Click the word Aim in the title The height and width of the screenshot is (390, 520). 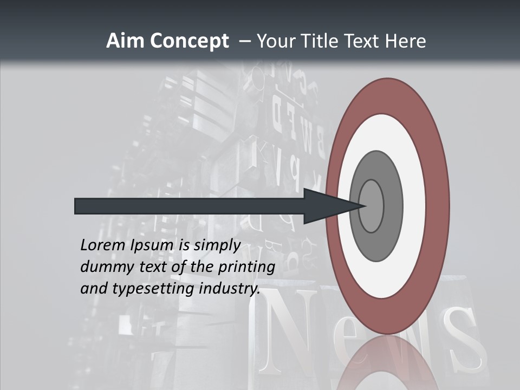tap(125, 41)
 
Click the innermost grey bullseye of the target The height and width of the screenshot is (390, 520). tap(371, 206)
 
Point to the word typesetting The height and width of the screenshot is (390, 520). tap(154, 289)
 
